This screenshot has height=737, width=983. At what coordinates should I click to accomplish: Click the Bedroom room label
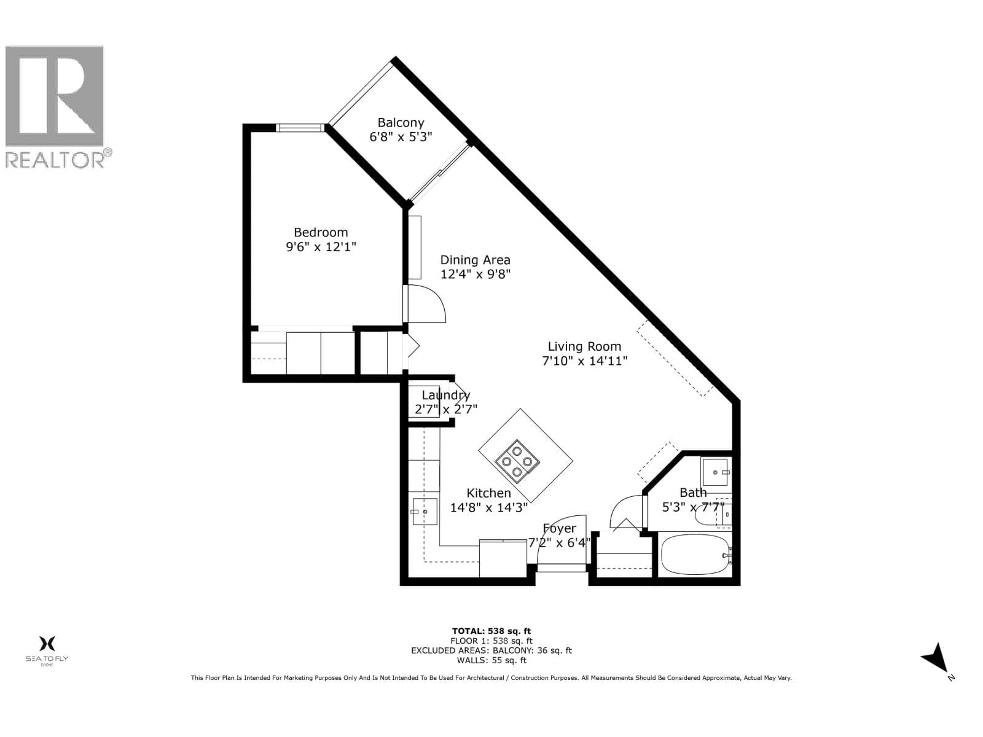pos(321,232)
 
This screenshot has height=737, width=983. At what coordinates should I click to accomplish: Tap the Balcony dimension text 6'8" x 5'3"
pos(401,137)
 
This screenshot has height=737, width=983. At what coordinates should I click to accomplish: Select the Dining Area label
pos(475,260)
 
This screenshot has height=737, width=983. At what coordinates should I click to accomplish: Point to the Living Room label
pos(584,346)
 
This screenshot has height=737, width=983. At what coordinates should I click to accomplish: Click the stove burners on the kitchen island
pos(517,461)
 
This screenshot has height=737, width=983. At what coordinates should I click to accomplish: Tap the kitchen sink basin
pos(425,512)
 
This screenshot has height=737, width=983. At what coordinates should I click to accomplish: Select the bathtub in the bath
pos(695,555)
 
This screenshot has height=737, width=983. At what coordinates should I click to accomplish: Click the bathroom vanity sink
pos(715,472)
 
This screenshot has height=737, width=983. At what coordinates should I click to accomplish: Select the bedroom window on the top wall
pos(300,128)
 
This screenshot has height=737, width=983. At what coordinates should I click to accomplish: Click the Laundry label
pos(445,395)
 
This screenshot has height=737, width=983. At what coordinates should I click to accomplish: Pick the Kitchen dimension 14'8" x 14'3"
pos(488,507)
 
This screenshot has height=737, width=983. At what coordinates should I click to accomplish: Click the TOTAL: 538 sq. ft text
pos(491,631)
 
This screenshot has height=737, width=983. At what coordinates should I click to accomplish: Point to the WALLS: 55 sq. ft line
pos(491,660)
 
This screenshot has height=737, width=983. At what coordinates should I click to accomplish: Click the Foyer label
pos(559,528)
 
